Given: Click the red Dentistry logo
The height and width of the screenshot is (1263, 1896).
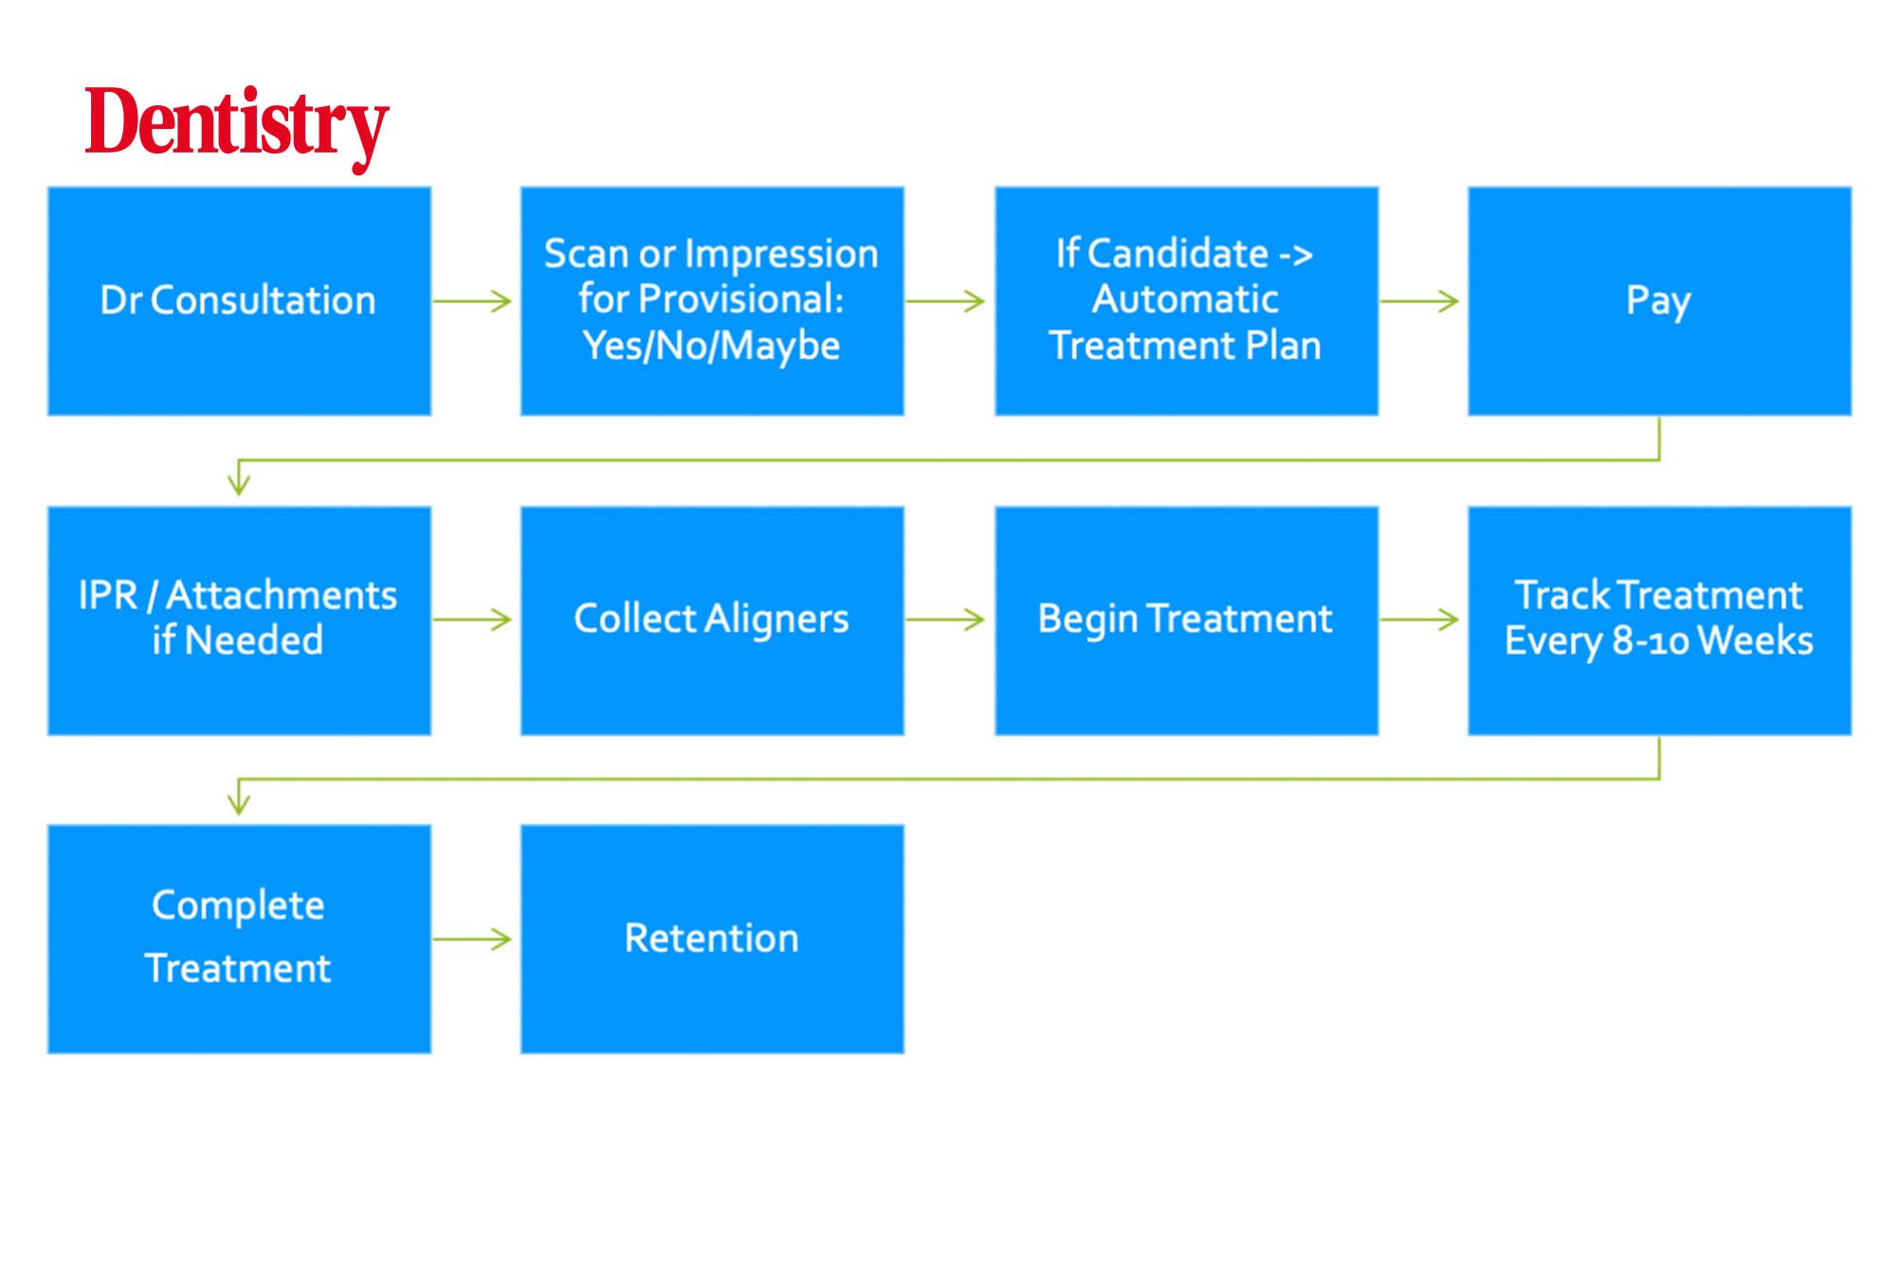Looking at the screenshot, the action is click(x=237, y=127).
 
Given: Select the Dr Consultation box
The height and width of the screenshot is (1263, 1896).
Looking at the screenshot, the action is click(x=239, y=301).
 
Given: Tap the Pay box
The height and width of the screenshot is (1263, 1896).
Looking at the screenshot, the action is click(x=1659, y=301).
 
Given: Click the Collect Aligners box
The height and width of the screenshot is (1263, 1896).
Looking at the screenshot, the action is click(x=712, y=621).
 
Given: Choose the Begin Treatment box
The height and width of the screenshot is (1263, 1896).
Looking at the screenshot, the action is click(x=1186, y=621).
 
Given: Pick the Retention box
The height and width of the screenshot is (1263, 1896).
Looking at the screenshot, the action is click(x=712, y=939).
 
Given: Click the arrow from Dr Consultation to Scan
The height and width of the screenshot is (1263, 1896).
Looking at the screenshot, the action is click(x=472, y=301).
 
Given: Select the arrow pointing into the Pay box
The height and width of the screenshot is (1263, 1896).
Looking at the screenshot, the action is click(x=1419, y=301).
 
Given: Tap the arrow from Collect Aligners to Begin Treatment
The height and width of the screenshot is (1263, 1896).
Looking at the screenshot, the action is click(x=945, y=620).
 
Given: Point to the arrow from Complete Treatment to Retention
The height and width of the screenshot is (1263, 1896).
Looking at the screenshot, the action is click(x=472, y=939).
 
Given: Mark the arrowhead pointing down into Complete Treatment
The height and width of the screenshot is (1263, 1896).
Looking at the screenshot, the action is click(x=239, y=802).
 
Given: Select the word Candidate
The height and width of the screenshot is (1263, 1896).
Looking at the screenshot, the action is click(x=1178, y=254).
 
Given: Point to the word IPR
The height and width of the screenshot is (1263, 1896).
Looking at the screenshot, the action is click(x=108, y=595).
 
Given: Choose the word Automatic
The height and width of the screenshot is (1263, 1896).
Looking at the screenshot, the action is click(x=1185, y=299).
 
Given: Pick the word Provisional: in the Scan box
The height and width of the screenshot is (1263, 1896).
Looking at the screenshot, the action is click(x=740, y=299).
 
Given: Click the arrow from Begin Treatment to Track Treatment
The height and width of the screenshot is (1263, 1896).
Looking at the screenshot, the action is click(x=1419, y=620).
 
